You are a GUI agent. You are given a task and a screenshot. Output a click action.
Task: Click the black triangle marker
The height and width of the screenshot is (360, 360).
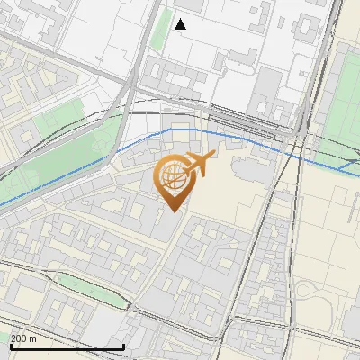tap(180, 24)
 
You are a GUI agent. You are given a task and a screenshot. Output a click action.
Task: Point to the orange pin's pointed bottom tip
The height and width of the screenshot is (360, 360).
tap(172, 211)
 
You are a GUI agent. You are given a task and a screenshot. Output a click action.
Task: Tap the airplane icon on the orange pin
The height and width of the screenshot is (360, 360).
tap(198, 165)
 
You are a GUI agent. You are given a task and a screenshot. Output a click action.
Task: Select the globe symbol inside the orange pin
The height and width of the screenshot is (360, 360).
tap(171, 176)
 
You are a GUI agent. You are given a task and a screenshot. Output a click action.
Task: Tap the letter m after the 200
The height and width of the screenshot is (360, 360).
tap(34, 338)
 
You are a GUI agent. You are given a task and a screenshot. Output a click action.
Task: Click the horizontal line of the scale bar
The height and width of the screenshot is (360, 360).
tap(67, 346)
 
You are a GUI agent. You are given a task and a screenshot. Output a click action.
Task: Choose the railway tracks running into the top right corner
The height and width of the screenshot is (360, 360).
tap(333, 27)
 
